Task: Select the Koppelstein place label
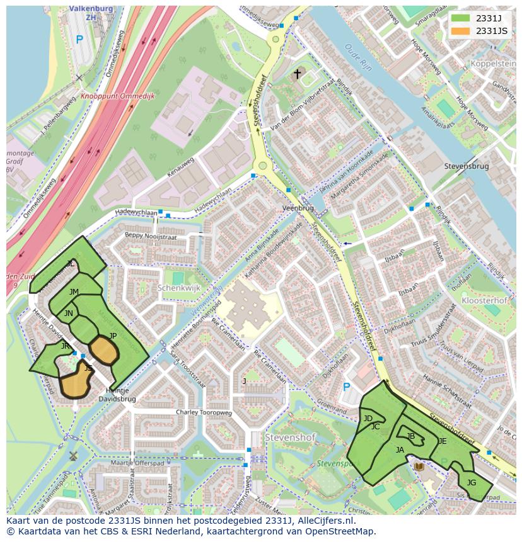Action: click(x=493, y=64)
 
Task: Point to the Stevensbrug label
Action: click(x=467, y=167)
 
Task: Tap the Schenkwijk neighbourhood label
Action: click(x=178, y=288)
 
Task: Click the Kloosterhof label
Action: click(x=484, y=301)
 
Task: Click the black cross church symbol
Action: click(x=298, y=74)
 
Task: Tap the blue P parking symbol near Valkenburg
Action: click(x=79, y=40)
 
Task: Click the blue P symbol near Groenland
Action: click(x=346, y=388)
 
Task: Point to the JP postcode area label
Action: click(x=113, y=336)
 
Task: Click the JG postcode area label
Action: click(x=471, y=483)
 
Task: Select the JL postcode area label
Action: click(x=71, y=264)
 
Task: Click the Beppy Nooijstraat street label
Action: click(x=151, y=237)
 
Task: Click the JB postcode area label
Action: click(x=411, y=436)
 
